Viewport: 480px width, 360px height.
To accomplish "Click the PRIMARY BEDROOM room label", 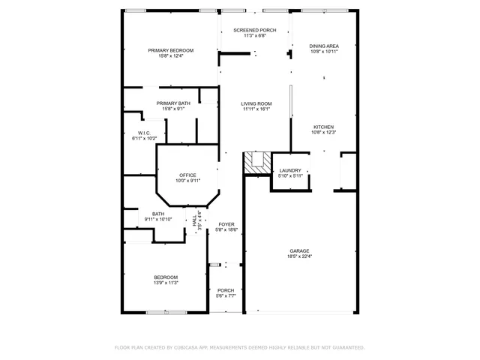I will tap(170, 50).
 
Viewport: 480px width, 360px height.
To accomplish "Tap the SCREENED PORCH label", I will tap(255, 30).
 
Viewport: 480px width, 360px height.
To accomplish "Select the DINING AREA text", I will tap(324, 46).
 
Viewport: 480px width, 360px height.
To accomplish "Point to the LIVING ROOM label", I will tap(256, 103).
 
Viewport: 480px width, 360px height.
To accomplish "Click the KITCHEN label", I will tap(323, 127).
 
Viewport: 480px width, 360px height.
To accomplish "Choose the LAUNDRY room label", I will tap(290, 170).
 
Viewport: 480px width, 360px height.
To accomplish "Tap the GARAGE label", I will tap(300, 250).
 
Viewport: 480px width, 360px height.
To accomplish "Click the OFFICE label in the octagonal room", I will tap(187, 175).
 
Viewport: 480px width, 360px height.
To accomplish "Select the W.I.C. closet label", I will tap(145, 133).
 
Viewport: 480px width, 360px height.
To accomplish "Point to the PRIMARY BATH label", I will tap(173, 103).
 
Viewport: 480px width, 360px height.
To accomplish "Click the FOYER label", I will tap(226, 224).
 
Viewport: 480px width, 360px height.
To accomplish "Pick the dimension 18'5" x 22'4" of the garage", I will tap(300, 256).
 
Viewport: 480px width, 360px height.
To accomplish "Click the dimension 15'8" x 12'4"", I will tap(170, 56).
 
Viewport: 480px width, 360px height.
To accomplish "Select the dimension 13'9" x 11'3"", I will tap(166, 283).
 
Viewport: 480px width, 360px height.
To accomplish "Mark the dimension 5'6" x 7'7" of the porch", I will tap(226, 296).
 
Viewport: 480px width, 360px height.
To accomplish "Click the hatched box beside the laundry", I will tap(256, 161).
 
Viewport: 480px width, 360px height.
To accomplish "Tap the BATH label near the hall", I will tap(158, 213).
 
